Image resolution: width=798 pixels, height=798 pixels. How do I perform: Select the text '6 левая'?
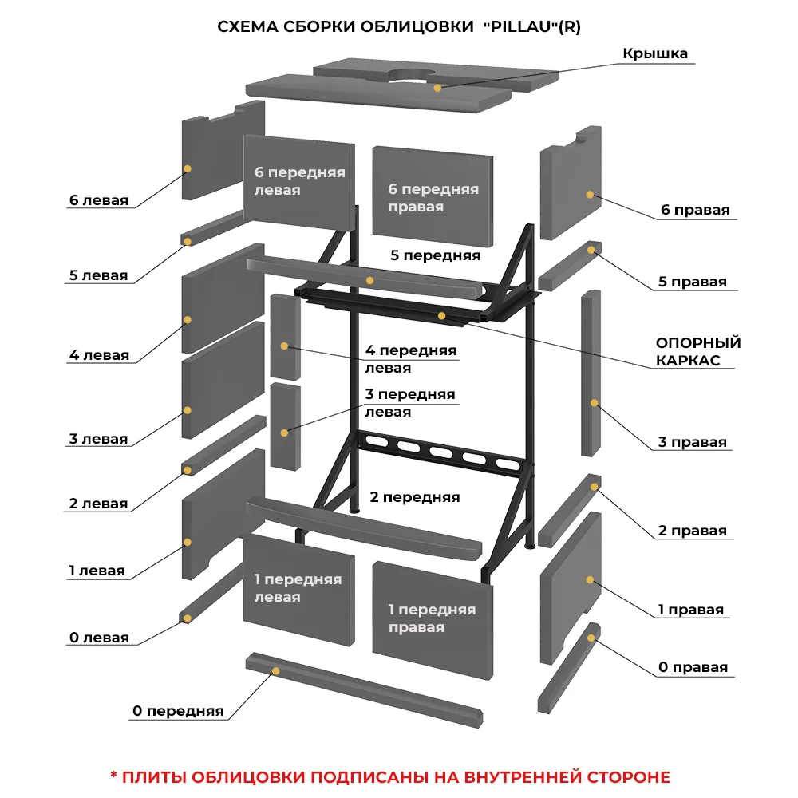(x=99, y=201)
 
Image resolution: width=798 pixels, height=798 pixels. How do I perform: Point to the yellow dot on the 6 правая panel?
(x=590, y=194)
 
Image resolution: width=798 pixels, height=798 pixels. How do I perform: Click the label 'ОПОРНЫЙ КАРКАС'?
(x=698, y=351)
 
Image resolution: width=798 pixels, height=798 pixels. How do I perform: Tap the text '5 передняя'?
(x=435, y=255)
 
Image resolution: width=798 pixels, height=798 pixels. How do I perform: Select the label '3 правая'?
(x=693, y=443)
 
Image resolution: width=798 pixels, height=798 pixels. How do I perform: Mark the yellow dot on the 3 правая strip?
(x=594, y=403)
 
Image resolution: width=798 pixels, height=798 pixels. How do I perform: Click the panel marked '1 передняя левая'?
(x=298, y=588)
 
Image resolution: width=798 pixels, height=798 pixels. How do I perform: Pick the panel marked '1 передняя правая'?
(x=432, y=618)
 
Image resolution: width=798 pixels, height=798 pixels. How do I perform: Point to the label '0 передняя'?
(x=178, y=711)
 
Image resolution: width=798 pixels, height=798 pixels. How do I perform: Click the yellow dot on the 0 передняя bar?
(x=275, y=671)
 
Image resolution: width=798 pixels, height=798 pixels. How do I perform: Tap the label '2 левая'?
(x=98, y=504)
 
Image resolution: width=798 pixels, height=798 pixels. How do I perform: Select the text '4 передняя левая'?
(x=410, y=359)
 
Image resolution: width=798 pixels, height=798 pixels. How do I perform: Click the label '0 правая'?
(x=693, y=667)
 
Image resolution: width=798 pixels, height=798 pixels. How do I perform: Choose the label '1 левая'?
(x=97, y=571)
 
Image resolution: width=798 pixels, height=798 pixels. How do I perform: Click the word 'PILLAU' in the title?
(x=519, y=26)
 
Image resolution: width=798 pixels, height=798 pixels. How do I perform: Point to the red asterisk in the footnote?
(x=113, y=776)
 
